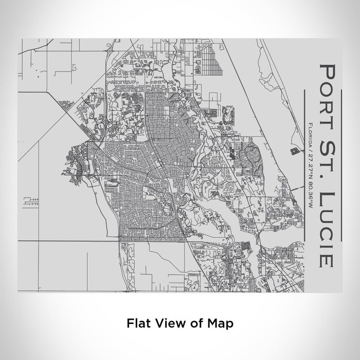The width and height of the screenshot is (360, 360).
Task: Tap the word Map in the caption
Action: coord(218,323)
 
